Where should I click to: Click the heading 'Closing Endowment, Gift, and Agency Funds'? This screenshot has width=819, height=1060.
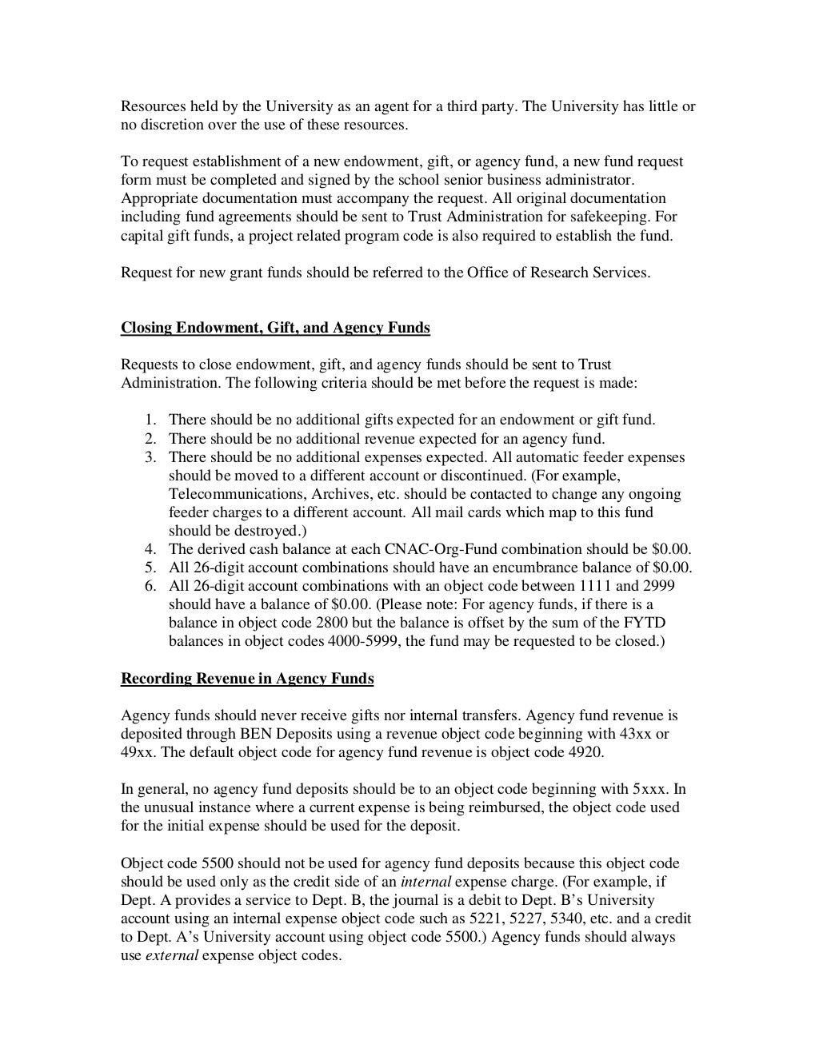click(x=275, y=328)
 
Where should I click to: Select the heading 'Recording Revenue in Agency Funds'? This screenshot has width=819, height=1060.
click(x=247, y=679)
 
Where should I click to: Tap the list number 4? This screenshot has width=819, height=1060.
click(x=150, y=549)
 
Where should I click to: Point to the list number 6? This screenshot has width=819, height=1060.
click(x=150, y=587)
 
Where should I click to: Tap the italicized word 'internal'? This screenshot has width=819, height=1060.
click(x=425, y=882)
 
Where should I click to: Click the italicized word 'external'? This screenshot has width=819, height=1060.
click(x=171, y=955)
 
